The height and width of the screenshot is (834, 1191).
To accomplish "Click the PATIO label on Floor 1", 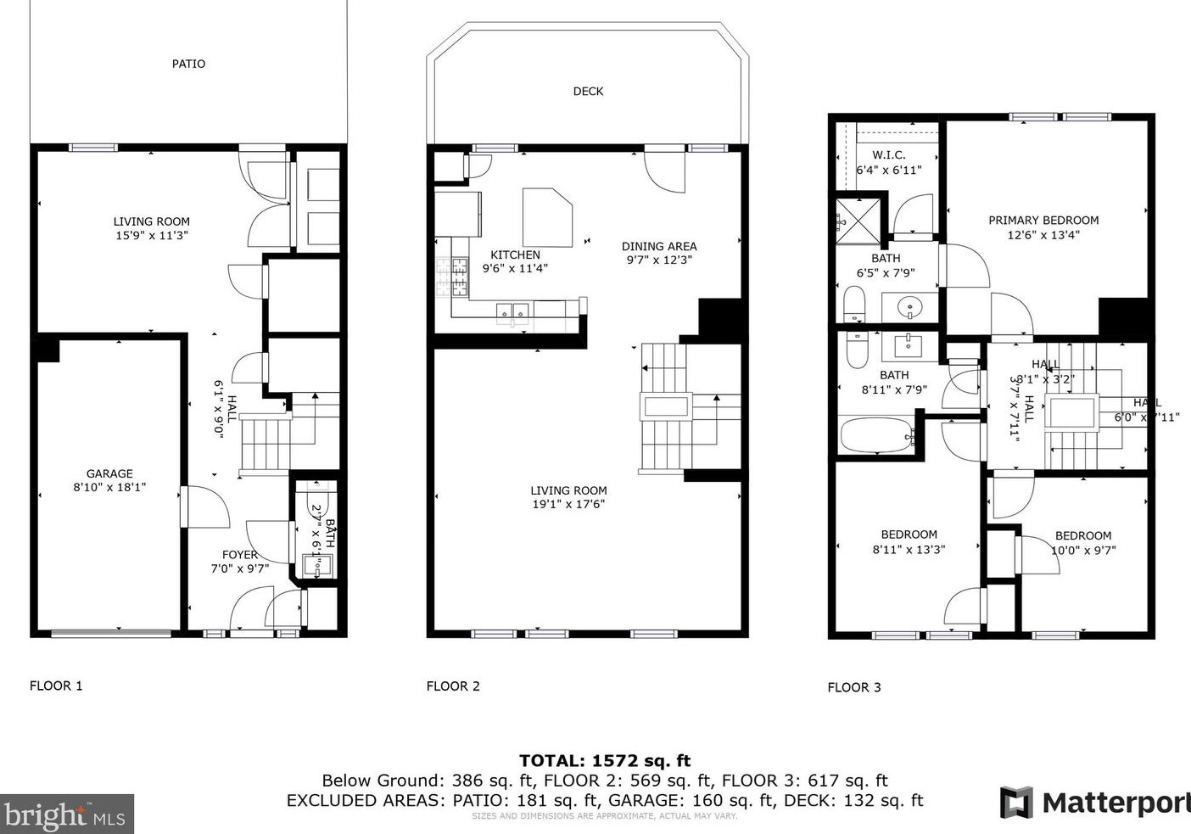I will pyautogui.click(x=188, y=64).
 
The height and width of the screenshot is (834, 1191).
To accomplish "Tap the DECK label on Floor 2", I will pyautogui.click(x=588, y=92).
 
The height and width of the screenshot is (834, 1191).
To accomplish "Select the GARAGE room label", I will pyautogui.click(x=109, y=473).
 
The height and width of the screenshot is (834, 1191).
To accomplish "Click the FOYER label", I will pyautogui.click(x=240, y=555).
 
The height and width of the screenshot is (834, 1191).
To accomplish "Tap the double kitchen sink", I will pyautogui.click(x=513, y=311).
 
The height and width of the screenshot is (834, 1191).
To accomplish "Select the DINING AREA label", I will pyautogui.click(x=659, y=246).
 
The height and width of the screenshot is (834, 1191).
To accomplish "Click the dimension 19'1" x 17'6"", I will pyautogui.click(x=568, y=504).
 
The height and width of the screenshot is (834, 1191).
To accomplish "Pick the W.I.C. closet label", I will pyautogui.click(x=889, y=155).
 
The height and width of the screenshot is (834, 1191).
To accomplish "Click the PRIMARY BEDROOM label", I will pyautogui.click(x=1043, y=220).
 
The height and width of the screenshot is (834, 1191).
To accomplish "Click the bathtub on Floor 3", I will pyautogui.click(x=875, y=436).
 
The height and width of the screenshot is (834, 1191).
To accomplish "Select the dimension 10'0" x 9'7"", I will pyautogui.click(x=1083, y=550).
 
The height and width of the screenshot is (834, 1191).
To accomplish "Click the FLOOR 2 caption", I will pyautogui.click(x=453, y=686).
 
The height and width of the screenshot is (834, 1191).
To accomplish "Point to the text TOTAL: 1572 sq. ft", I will pyautogui.click(x=605, y=760).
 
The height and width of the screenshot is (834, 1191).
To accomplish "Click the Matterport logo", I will pyautogui.click(x=1094, y=802).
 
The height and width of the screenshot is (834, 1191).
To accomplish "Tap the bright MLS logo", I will pyautogui.click(x=67, y=814).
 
